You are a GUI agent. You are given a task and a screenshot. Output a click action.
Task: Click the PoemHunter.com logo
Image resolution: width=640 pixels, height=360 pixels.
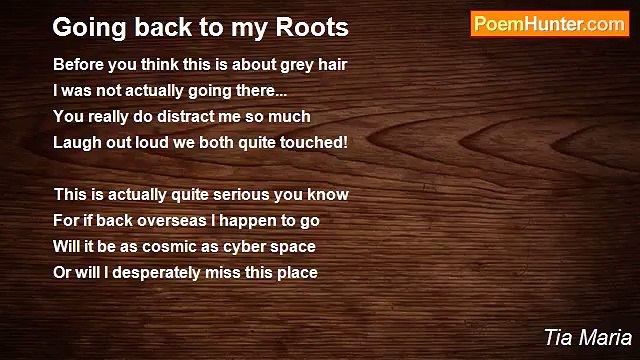(x=549, y=24)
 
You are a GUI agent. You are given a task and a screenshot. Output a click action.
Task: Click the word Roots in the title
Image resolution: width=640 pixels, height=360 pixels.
(x=315, y=25)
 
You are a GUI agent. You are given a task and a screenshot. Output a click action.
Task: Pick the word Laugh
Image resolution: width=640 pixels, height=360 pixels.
(x=75, y=142)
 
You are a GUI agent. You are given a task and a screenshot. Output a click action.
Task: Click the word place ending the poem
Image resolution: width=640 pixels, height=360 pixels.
(x=297, y=272)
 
